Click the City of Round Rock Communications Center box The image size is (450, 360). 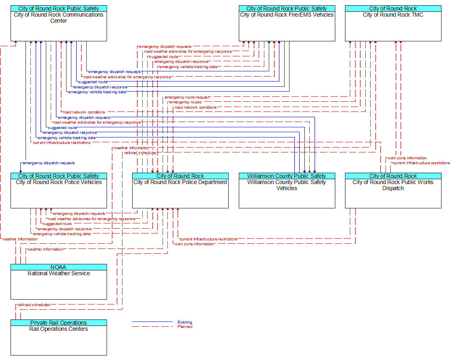(x=58, y=23)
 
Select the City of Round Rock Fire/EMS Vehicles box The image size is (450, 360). (x=287, y=23)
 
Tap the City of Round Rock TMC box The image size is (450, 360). (x=393, y=23)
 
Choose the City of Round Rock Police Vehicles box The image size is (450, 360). (x=58, y=191)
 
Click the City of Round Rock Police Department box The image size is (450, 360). (x=180, y=191)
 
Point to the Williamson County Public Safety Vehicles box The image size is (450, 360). (x=287, y=191)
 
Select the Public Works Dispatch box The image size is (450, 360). (x=393, y=191)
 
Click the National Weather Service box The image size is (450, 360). (x=58, y=282)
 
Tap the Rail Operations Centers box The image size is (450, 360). (x=58, y=338)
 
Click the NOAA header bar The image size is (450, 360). (x=58, y=267)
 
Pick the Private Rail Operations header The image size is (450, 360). (x=58, y=323)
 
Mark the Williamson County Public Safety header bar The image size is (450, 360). (x=287, y=176)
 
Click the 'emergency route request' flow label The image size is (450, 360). (x=187, y=97)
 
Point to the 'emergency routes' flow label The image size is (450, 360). (x=185, y=102)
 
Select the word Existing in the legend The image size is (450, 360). (x=185, y=322)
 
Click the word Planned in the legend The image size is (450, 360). (x=185, y=327)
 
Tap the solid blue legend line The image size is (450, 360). (x=152, y=322)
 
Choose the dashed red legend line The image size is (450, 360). (x=152, y=326)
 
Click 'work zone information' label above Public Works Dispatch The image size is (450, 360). (x=407, y=158)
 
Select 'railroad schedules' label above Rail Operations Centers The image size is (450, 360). (x=34, y=305)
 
